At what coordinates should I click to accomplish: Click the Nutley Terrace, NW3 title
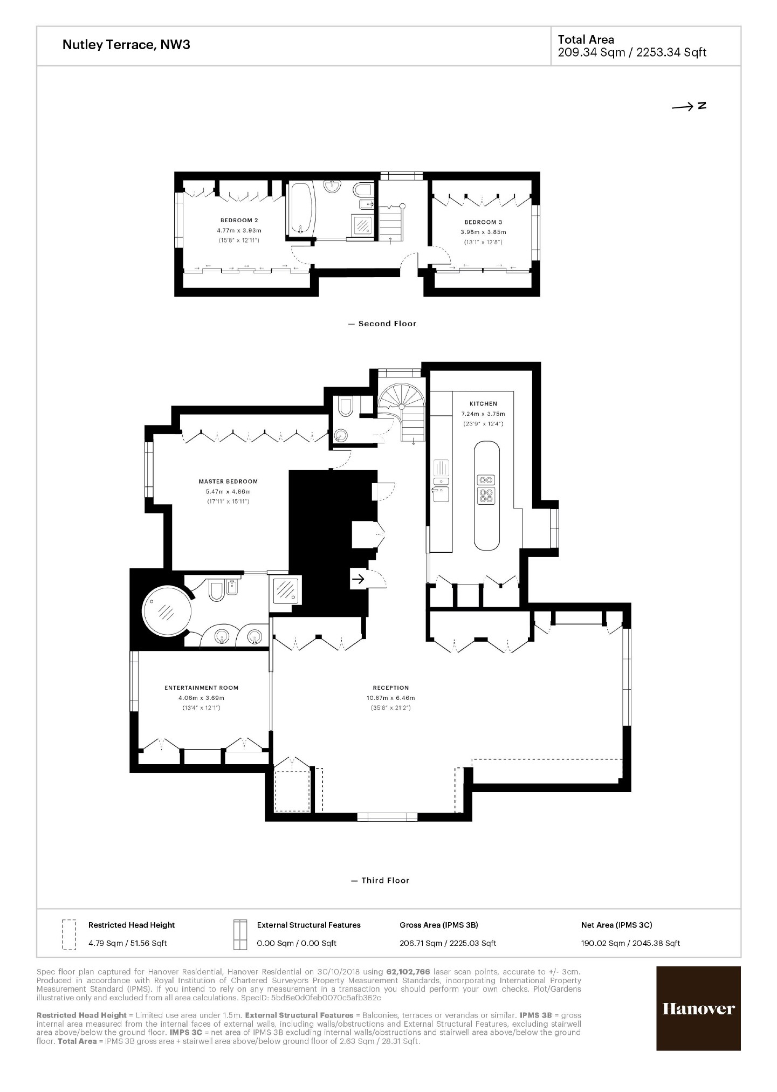pos(126,45)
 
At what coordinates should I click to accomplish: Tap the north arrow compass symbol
pos(689,106)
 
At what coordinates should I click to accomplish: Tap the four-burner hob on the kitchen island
pos(486,495)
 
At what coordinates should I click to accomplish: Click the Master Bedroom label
pos(228,482)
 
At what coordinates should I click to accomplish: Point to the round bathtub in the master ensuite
pos(167,611)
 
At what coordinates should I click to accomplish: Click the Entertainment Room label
pos(201,688)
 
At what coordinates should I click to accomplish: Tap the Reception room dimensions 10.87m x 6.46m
pos(391,698)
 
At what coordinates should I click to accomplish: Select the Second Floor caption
pos(387,324)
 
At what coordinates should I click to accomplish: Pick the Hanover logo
pos(698,1008)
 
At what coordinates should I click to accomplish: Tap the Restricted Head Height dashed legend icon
pos(68,934)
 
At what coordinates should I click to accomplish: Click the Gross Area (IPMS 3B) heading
pos(438,925)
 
